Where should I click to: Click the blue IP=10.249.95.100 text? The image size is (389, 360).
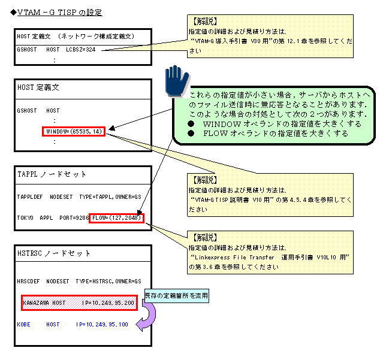(x=102, y=324)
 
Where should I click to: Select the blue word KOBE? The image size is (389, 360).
(x=25, y=324)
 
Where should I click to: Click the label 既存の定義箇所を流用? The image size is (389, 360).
(x=176, y=295)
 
